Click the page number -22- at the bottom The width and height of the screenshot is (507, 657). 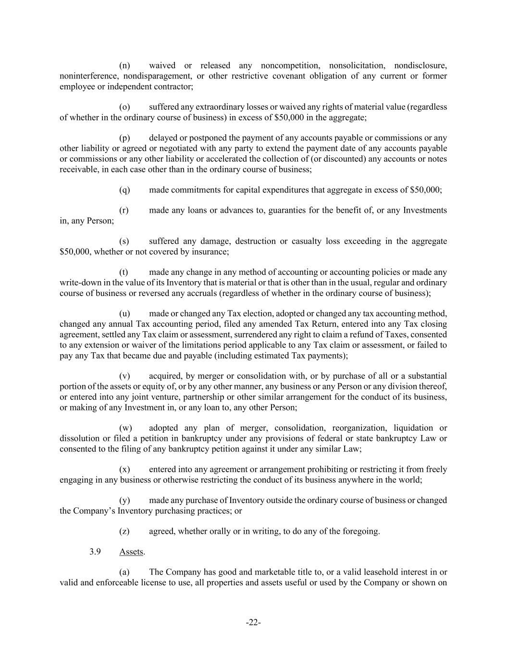pyautogui.click(x=253, y=623)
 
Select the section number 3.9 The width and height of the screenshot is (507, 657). pyautogui.click(x=95, y=552)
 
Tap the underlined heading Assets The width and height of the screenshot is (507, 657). pyautogui.click(x=131, y=552)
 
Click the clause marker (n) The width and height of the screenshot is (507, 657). pyautogui.click(x=124, y=65)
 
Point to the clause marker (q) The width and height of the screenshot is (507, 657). pyautogui.click(x=124, y=190)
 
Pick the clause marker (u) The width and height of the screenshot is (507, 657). pyautogui.click(x=124, y=314)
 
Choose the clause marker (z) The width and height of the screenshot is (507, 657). pyautogui.click(x=124, y=531)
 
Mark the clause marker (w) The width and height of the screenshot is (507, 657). pyautogui.click(x=125, y=428)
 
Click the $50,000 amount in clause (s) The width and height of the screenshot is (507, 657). pyautogui.click(x=75, y=252)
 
